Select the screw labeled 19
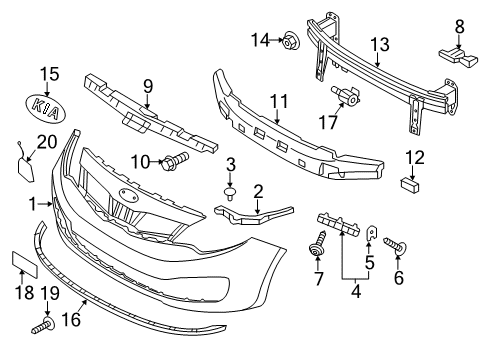click(x=46, y=325)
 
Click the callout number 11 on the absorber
click(x=278, y=100)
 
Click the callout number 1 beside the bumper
click(x=35, y=203)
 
